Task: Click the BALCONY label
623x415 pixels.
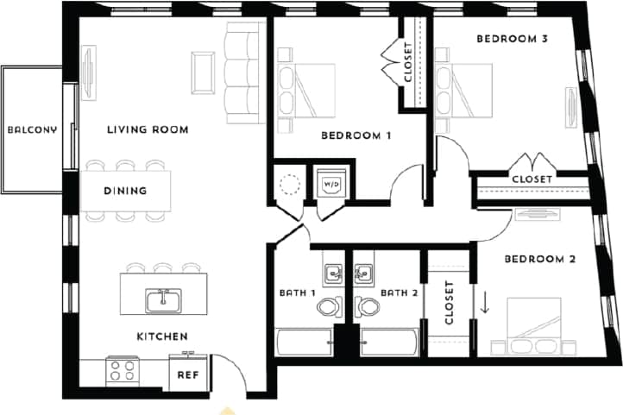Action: tap(32, 130)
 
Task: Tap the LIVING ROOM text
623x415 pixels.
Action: tap(148, 130)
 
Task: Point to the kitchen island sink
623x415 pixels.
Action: tap(162, 300)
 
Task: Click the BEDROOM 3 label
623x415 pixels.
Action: tap(513, 39)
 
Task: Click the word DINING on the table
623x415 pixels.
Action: tap(125, 191)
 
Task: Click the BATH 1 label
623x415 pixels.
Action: tap(298, 292)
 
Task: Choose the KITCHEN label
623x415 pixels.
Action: tap(162, 336)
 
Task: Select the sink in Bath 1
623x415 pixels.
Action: tap(333, 274)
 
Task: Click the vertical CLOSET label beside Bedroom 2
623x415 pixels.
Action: tap(449, 303)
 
